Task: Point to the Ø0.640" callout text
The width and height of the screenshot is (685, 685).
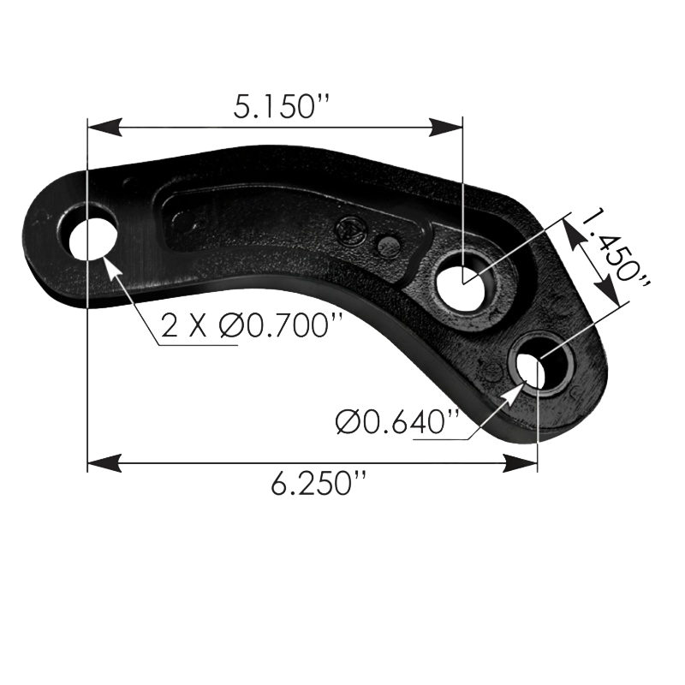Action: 399,421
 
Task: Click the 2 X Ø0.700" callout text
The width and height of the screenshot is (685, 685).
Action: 252,326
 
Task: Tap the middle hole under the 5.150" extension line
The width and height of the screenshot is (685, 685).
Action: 463,283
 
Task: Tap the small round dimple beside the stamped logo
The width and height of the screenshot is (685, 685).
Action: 388,247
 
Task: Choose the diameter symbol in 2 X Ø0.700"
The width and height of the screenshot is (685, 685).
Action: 229,326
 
